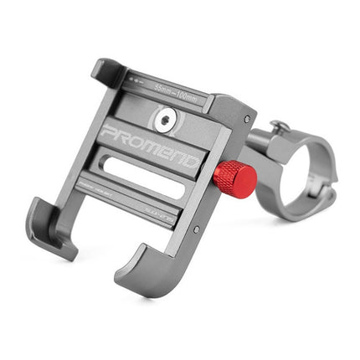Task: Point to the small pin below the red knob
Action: coord(197,226)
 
